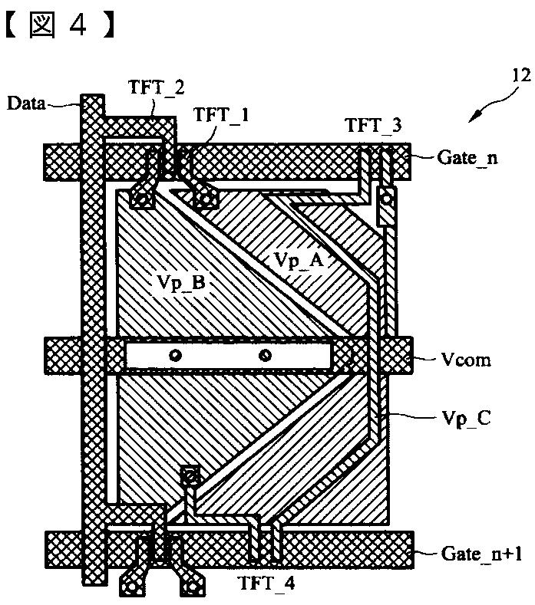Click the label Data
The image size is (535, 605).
click(x=25, y=102)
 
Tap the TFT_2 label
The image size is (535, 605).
click(x=157, y=87)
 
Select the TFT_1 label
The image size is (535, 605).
click(x=221, y=115)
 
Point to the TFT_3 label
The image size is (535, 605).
click(x=373, y=125)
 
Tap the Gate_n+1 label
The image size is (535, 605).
click(x=479, y=551)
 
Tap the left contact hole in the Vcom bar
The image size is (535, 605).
click(x=176, y=355)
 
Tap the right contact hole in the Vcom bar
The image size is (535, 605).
click(x=265, y=355)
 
